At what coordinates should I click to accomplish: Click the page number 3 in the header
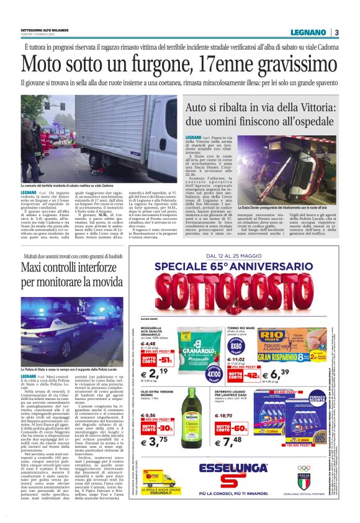tap(336, 32)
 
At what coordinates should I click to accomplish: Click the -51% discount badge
tap(165, 360)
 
